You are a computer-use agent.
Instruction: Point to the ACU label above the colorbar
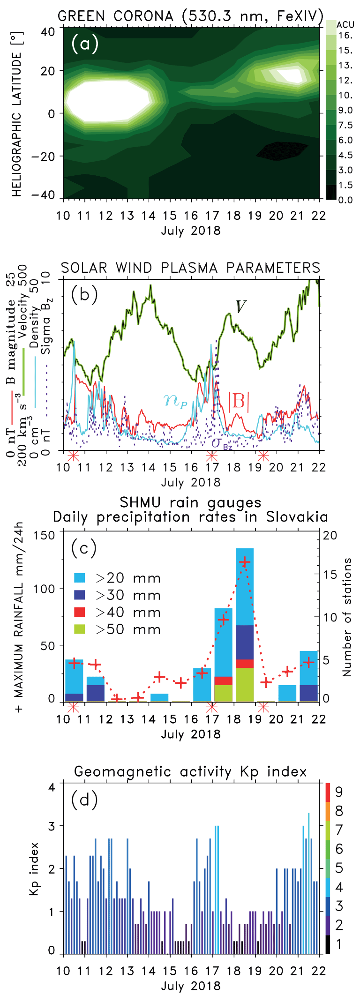(x=345, y=25)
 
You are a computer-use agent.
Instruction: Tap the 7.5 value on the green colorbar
(x=346, y=125)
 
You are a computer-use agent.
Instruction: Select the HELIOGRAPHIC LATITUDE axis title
(x=17, y=125)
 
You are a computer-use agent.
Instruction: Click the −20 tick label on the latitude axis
(x=45, y=156)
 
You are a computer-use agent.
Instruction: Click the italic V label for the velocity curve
(x=241, y=307)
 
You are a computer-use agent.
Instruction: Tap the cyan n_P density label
(x=175, y=400)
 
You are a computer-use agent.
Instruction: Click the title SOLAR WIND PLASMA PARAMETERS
(x=191, y=268)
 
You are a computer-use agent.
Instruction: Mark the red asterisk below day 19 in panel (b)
(x=263, y=455)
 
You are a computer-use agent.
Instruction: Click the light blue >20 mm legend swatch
(x=80, y=578)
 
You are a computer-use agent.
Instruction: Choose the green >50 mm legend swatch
(x=80, y=629)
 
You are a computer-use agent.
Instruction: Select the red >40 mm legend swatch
(x=80, y=612)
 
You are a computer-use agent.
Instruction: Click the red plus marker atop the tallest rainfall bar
(x=245, y=562)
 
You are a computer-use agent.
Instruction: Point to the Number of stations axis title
(x=347, y=617)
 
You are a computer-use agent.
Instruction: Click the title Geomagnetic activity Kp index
(x=191, y=771)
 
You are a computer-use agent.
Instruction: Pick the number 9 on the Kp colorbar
(x=339, y=792)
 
